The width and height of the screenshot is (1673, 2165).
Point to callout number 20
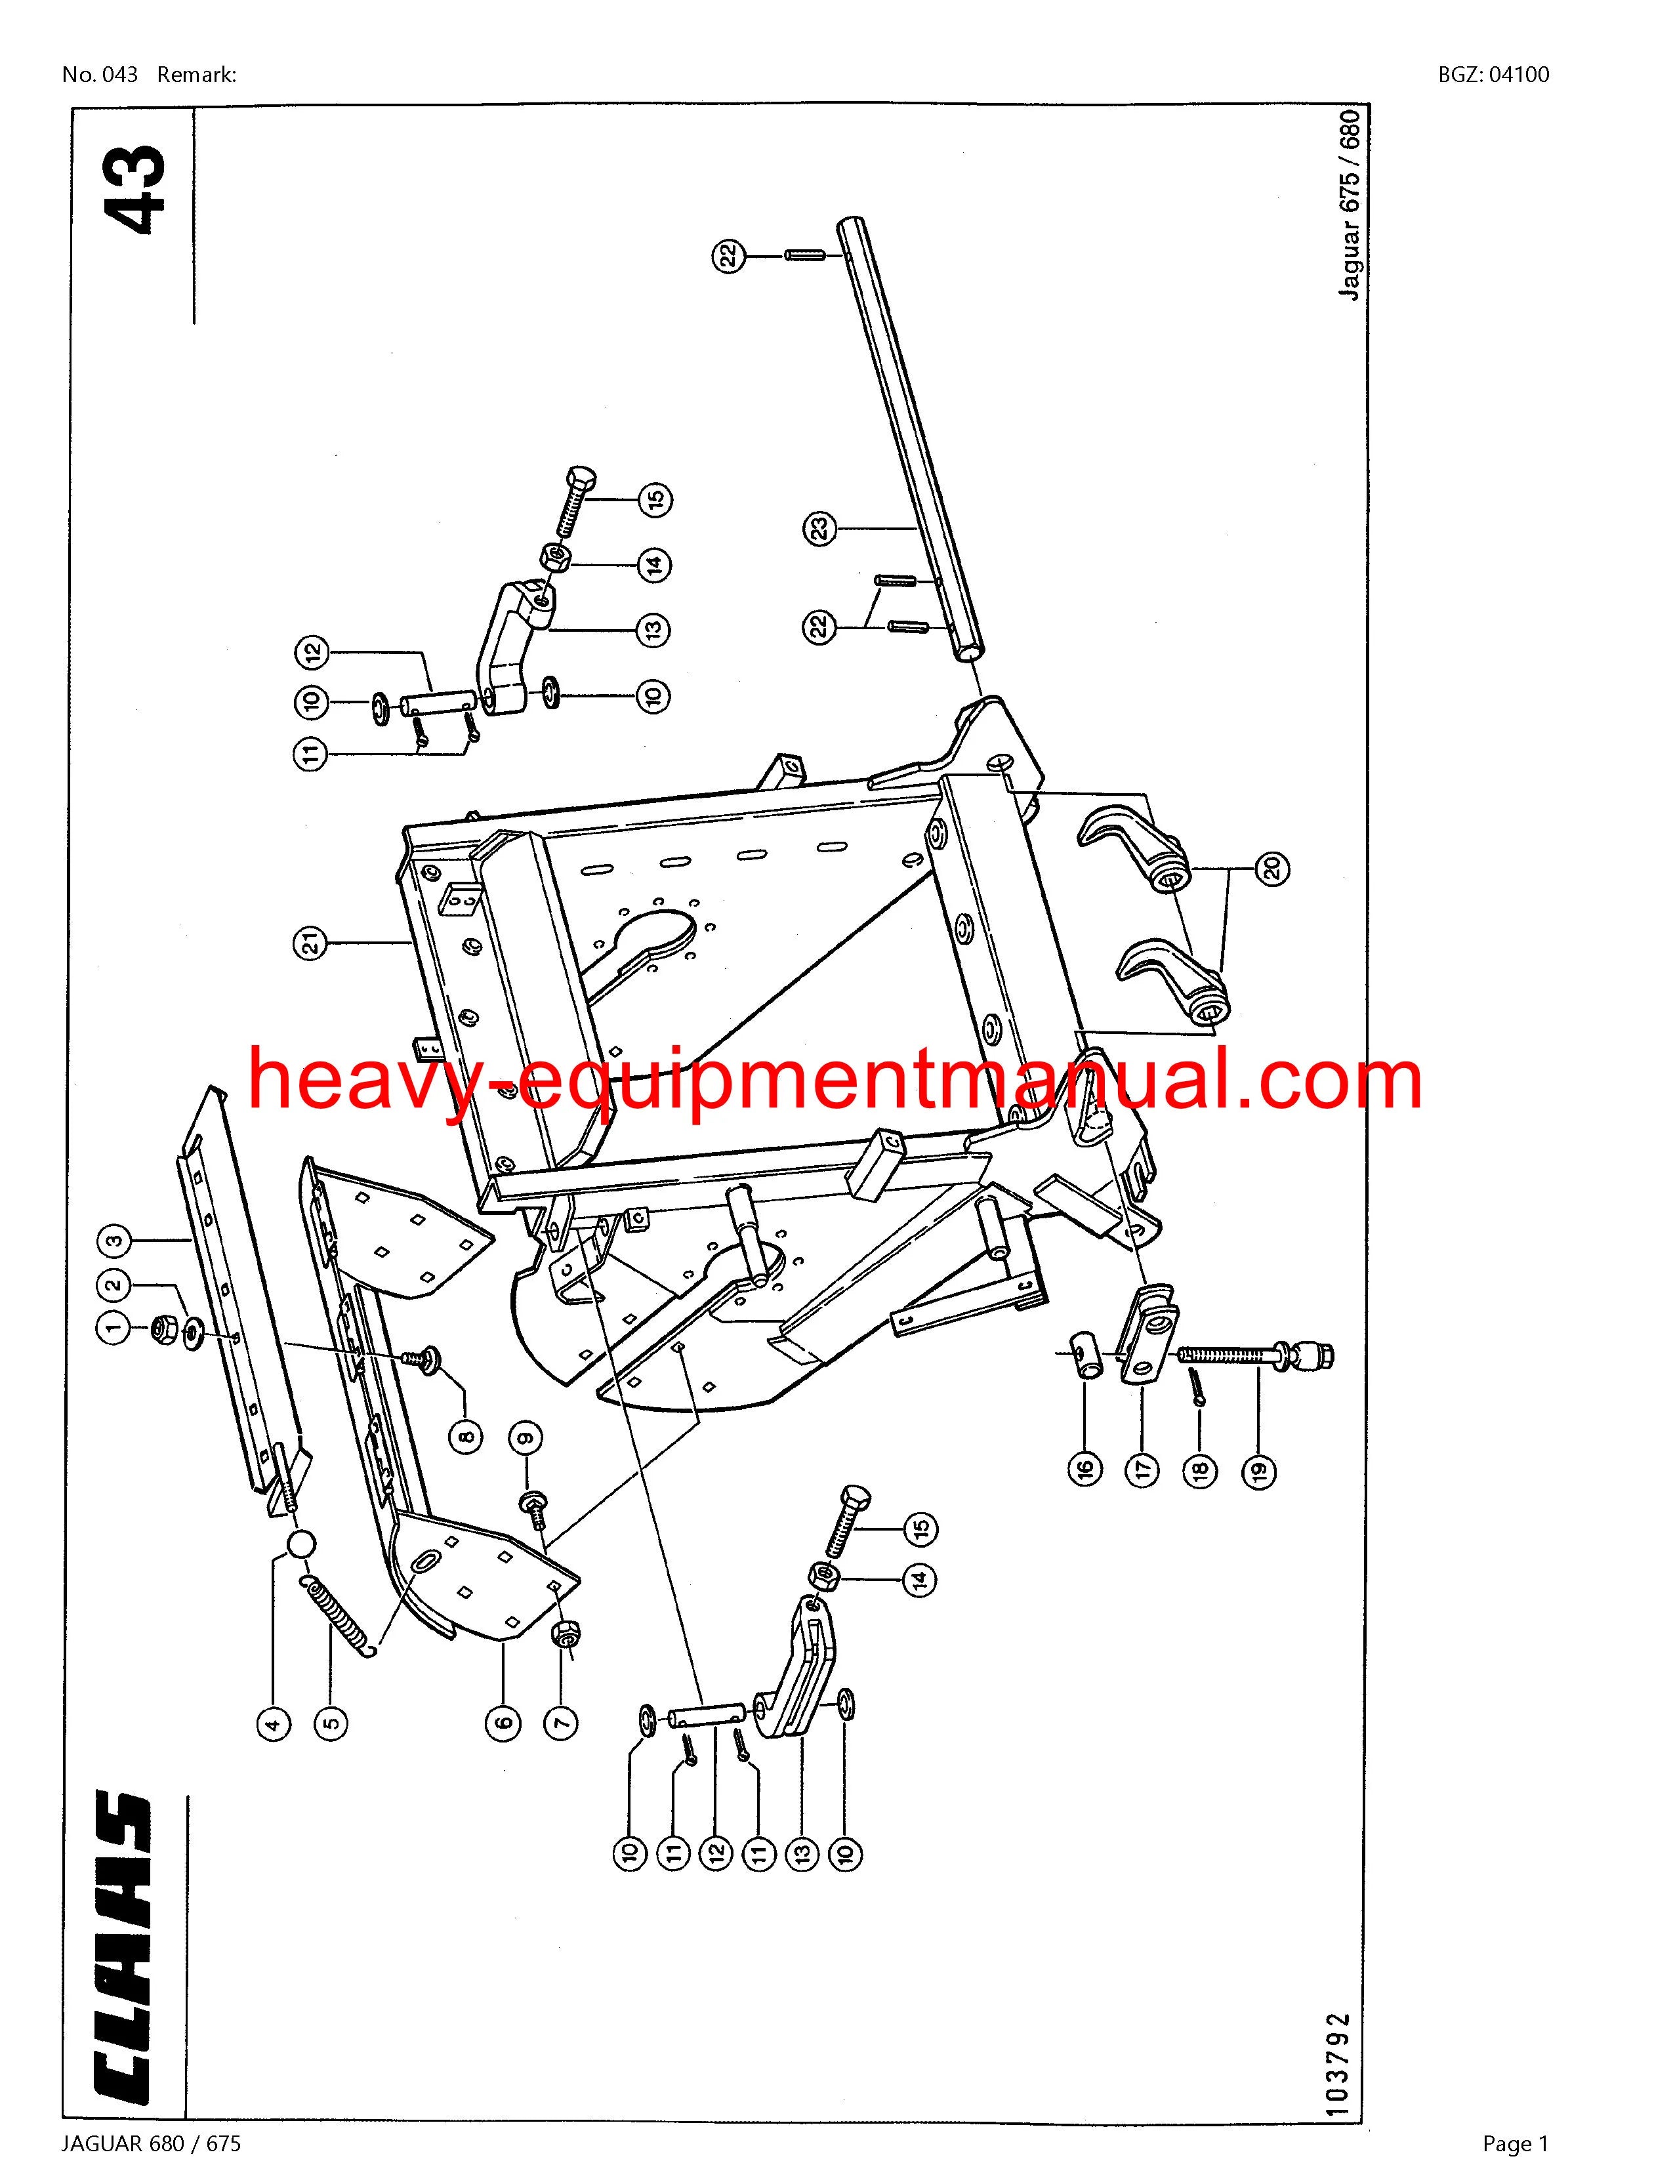1273,869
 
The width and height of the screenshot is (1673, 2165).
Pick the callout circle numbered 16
1087,1468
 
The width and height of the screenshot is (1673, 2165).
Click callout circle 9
526,1437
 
